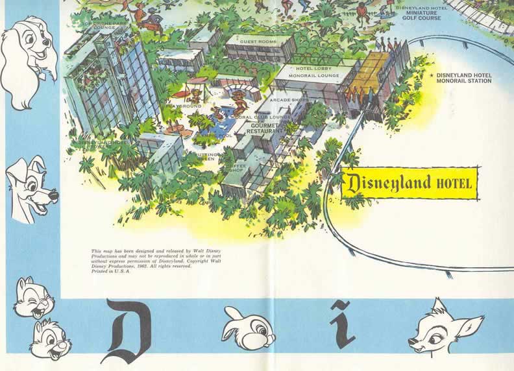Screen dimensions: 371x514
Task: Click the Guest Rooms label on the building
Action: click(258, 41)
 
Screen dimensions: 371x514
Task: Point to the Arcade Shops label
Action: click(289, 100)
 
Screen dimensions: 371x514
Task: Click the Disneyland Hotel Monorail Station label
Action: click(464, 78)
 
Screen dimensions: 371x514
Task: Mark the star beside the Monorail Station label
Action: click(432, 75)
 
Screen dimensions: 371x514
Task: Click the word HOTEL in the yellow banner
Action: click(454, 183)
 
